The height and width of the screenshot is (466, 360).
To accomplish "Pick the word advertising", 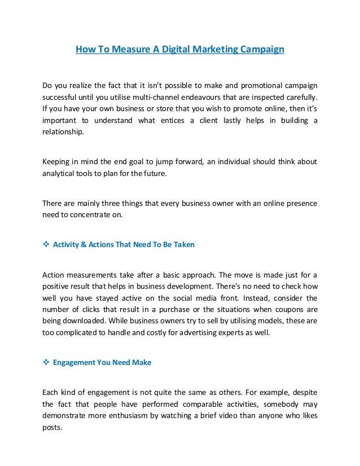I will (215, 332).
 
